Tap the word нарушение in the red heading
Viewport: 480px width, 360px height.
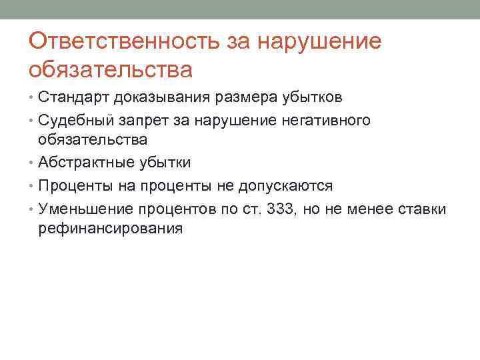coord(319,41)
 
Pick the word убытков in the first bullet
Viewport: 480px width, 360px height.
coord(312,98)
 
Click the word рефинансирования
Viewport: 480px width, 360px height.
coord(110,229)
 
